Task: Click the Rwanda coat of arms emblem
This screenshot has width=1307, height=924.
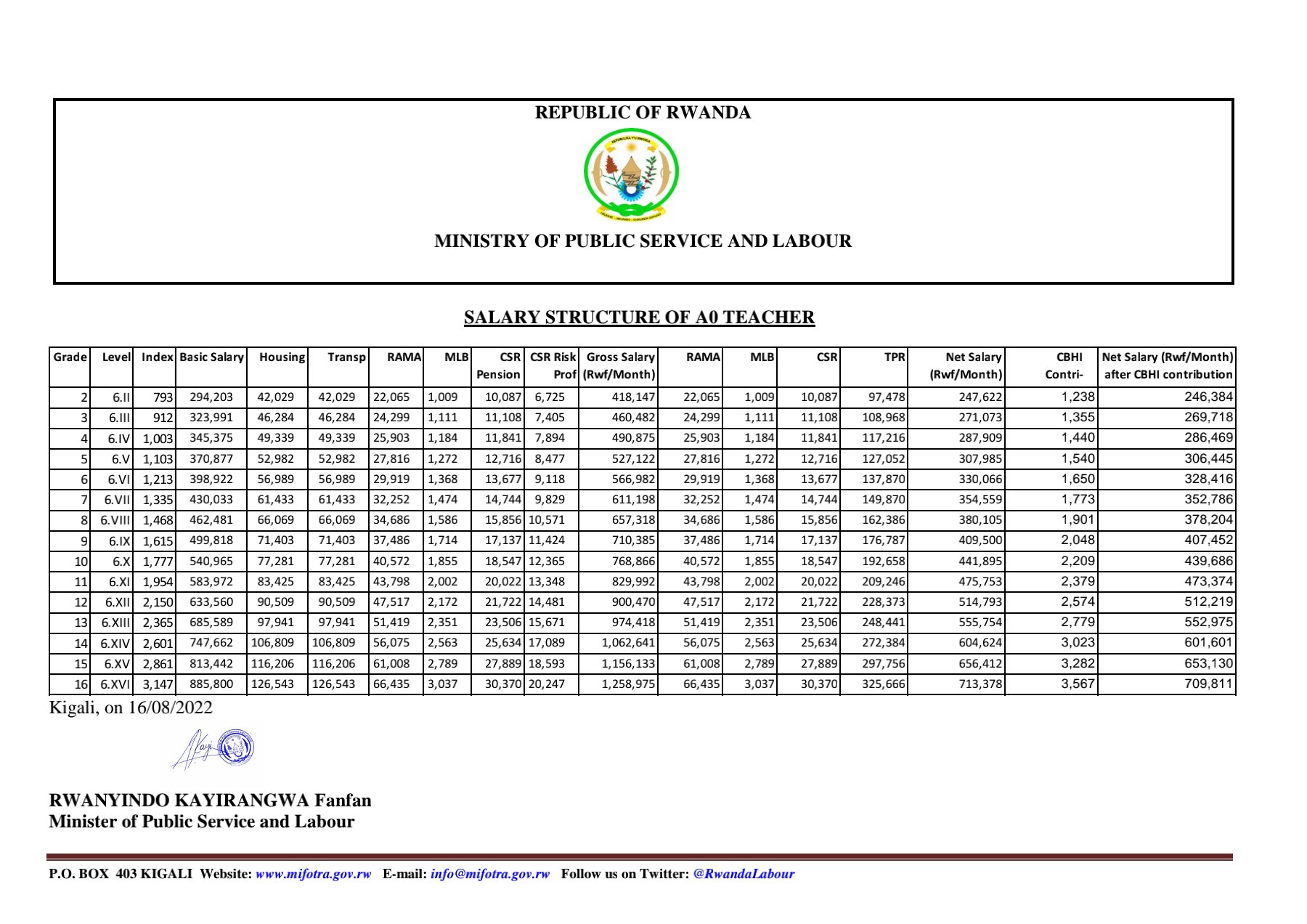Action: click(631, 174)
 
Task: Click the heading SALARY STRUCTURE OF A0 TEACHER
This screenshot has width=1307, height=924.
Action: click(639, 317)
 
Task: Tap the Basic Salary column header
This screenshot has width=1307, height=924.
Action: click(211, 357)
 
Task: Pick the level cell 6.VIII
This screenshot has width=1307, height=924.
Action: click(115, 520)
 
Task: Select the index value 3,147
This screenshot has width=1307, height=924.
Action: click(158, 684)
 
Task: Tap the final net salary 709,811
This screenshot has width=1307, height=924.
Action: click(1208, 684)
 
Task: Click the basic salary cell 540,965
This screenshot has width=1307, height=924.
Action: click(211, 562)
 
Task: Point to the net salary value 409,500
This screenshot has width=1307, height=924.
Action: click(980, 540)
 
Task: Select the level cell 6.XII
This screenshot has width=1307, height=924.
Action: click(117, 602)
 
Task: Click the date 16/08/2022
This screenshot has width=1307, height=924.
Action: click(170, 708)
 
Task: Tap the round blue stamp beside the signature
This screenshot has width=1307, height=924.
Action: click(236, 747)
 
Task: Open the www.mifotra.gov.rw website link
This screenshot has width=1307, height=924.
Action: click(313, 874)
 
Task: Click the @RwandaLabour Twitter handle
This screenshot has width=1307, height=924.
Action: click(744, 874)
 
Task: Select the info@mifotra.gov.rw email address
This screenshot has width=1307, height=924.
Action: click(489, 874)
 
